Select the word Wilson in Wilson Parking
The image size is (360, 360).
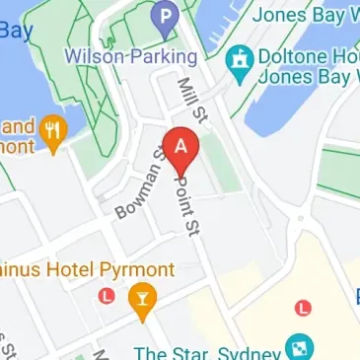(x=93, y=55)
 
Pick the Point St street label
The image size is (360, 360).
(x=183, y=203)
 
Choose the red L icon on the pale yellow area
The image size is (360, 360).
(x=303, y=308)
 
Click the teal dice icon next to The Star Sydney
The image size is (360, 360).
(x=298, y=347)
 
